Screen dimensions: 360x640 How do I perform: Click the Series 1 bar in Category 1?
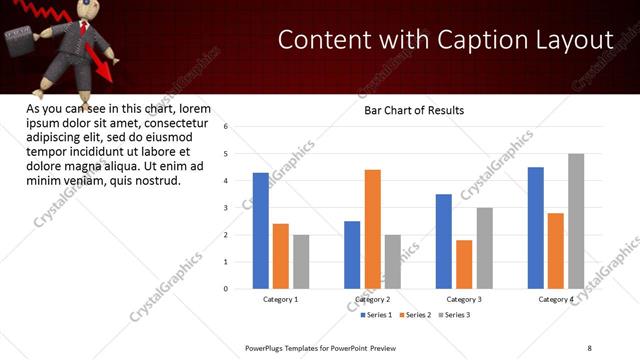(261, 230)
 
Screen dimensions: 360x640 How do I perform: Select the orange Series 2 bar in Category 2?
(372, 229)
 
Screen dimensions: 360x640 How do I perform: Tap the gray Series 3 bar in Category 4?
(576, 221)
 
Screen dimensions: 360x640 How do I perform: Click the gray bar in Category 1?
(301, 261)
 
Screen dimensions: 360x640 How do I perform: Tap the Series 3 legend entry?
(454, 315)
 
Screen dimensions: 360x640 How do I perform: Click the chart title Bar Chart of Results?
(413, 110)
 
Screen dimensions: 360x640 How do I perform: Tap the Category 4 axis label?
(556, 299)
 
